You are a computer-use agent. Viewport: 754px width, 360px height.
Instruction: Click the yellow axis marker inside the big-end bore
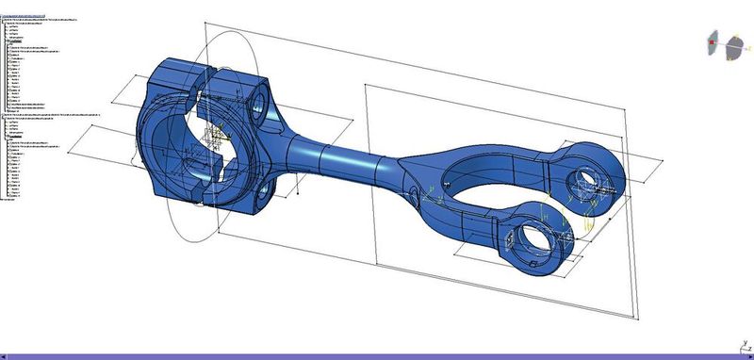(x=220, y=138)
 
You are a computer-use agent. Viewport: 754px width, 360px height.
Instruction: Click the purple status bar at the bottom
(x=377, y=355)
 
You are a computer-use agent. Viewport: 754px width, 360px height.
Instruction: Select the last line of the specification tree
(x=9, y=199)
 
